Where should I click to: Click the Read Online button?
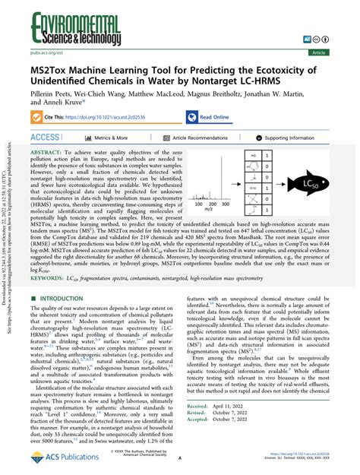click(x=217, y=118)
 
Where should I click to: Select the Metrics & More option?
click(x=111, y=138)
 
